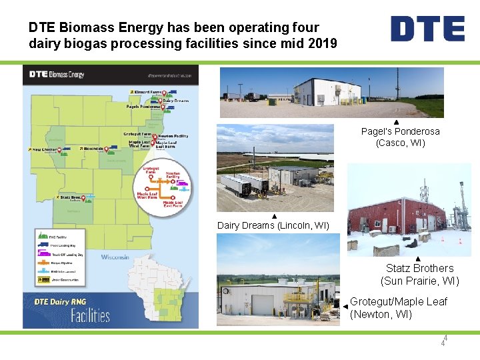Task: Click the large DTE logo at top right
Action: (427, 29)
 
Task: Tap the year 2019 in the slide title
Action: (322, 43)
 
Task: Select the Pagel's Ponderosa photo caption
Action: (400, 137)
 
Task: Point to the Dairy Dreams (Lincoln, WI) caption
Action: (273, 225)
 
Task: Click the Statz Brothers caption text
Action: (419, 274)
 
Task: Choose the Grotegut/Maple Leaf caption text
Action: (399, 307)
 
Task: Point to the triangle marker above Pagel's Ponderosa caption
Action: (396, 122)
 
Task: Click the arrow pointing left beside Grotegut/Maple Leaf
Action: (345, 306)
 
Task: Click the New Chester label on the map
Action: (45, 149)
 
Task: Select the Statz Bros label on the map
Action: (70, 197)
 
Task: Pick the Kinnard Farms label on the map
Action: (147, 91)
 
